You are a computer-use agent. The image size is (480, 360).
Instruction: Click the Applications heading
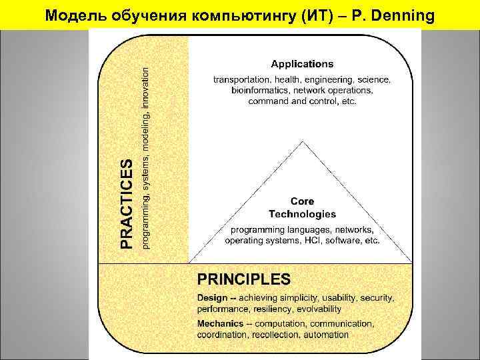302,64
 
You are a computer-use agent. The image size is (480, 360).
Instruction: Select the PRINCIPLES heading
243,278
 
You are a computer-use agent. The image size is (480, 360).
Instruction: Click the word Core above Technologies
302,201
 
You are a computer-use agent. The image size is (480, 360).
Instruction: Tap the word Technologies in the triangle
302,214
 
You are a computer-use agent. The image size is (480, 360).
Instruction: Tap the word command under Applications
268,101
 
